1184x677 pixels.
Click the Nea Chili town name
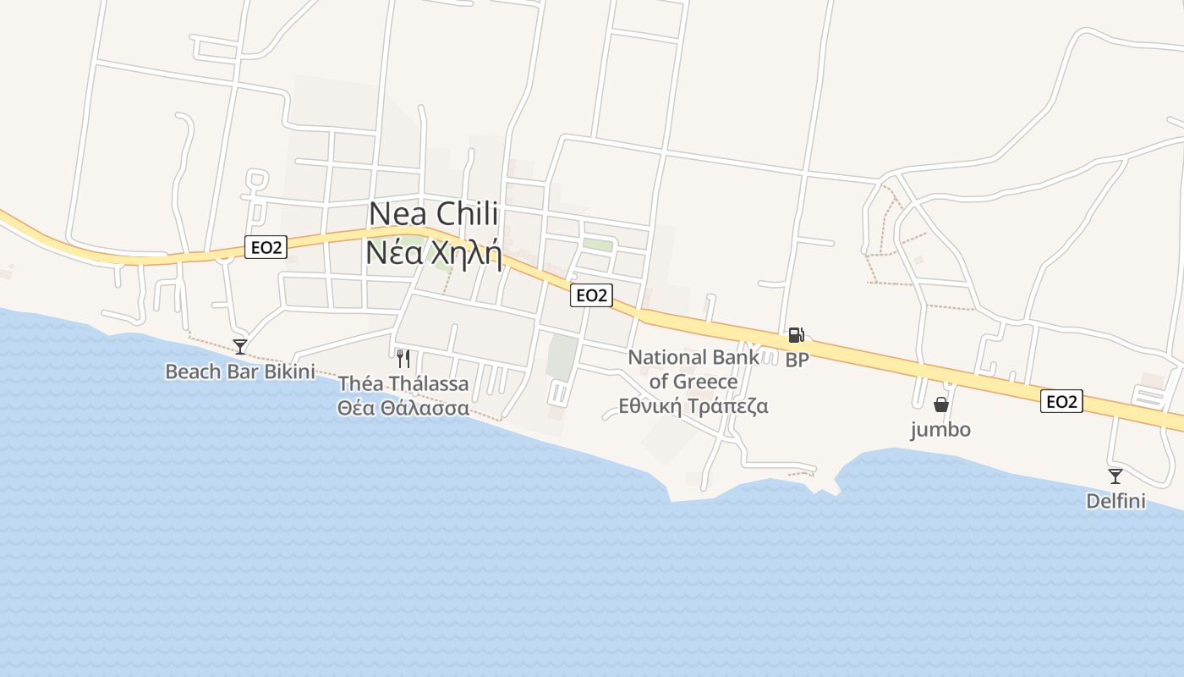[x=434, y=214]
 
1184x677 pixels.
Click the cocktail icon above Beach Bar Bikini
[x=240, y=346]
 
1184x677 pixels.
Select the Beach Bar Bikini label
[x=239, y=372]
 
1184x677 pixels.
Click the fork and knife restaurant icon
[x=403, y=359]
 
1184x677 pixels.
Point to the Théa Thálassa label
[x=403, y=384]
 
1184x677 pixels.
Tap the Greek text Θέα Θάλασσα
[x=403, y=408]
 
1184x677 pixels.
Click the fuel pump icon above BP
[x=796, y=335]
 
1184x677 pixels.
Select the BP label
[x=797, y=360]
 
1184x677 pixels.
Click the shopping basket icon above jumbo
[x=940, y=405]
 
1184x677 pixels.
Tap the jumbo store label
[x=940, y=430]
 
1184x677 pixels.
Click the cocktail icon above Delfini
[x=1115, y=476]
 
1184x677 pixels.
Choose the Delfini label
[x=1115, y=502]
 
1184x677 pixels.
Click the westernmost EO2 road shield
[x=266, y=247]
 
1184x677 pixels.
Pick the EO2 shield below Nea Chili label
[x=590, y=295]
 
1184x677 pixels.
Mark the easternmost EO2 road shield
[x=1061, y=401]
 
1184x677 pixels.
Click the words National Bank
[x=693, y=357]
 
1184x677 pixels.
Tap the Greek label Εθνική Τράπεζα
[x=693, y=406]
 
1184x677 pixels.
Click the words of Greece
[x=693, y=382]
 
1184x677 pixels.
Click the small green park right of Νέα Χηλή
[x=598, y=245]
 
